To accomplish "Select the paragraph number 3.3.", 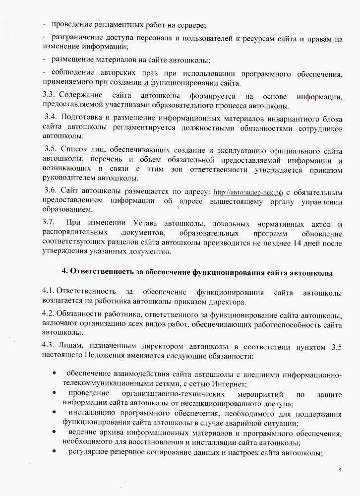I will tap(51, 95).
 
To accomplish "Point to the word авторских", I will tap(106, 74).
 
